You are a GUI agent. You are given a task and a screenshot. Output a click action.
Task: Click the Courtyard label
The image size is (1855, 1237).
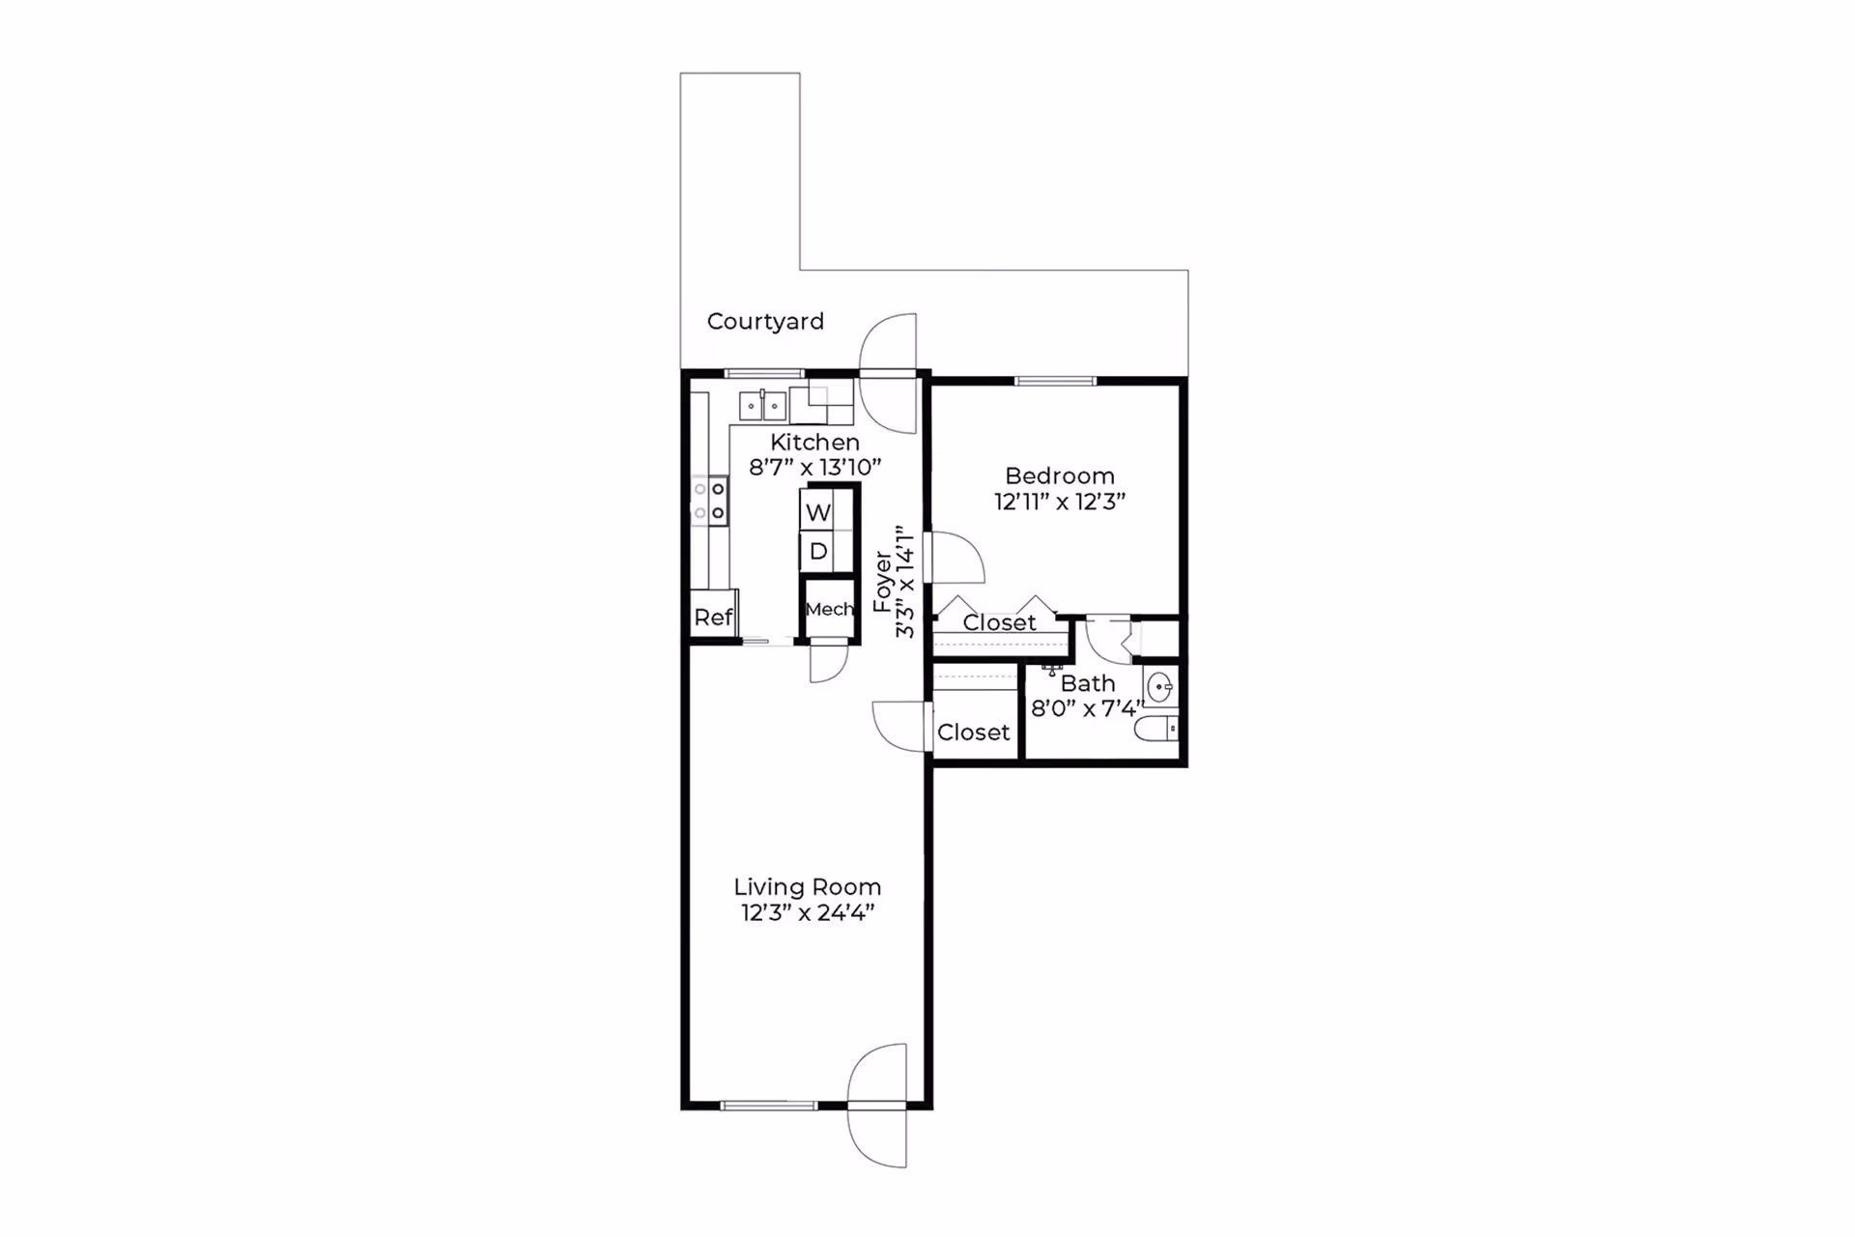click(x=765, y=322)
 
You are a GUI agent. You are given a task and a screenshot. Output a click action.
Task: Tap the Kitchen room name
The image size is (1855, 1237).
click(x=814, y=443)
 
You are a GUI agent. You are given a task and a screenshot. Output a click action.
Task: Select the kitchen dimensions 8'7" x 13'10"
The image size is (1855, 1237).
click(x=814, y=468)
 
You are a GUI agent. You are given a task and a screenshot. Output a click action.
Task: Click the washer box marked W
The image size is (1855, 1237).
click(x=817, y=511)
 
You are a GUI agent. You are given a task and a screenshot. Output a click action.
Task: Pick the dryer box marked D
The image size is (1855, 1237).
click(x=817, y=552)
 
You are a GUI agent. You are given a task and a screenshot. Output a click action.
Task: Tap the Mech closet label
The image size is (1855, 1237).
click(x=829, y=609)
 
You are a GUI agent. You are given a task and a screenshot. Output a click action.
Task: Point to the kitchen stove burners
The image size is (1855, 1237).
click(x=709, y=502)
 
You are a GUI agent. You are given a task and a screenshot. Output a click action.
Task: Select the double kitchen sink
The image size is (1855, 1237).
click(x=762, y=406)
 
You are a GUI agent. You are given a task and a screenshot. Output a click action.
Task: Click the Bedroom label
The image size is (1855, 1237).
click(x=1060, y=476)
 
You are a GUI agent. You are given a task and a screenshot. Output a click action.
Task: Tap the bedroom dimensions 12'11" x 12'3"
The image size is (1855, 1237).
click(x=1060, y=502)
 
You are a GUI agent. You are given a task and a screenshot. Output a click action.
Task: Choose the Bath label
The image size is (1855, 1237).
click(x=1088, y=683)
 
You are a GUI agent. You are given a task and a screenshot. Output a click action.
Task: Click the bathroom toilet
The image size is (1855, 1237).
click(x=1156, y=728)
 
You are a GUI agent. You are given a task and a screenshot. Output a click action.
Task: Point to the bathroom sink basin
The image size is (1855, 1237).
click(x=1160, y=688)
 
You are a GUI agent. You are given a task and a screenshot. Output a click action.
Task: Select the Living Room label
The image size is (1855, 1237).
click(x=807, y=887)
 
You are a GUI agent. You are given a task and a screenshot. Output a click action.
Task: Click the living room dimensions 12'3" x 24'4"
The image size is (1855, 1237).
click(x=807, y=912)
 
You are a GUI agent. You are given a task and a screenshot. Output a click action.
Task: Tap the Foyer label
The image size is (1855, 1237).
click(x=881, y=582)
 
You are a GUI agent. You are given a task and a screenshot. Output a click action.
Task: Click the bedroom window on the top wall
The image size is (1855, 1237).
click(x=1055, y=381)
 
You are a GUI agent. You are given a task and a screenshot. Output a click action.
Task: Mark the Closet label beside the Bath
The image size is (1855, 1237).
click(x=973, y=733)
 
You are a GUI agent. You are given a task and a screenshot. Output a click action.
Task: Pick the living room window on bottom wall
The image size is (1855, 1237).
click(x=769, y=1106)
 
